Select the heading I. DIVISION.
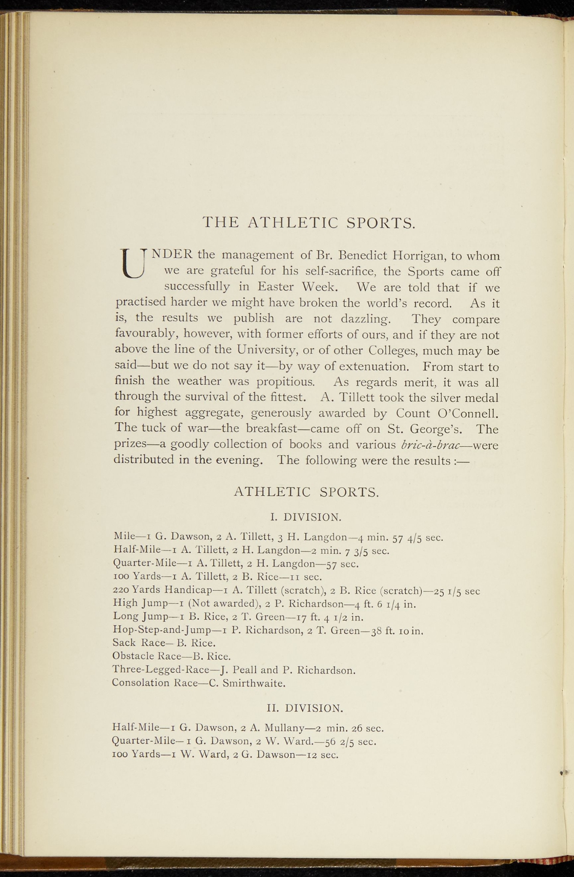[x=306, y=517]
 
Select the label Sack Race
[x=136, y=643]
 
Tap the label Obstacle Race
[x=145, y=656]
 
